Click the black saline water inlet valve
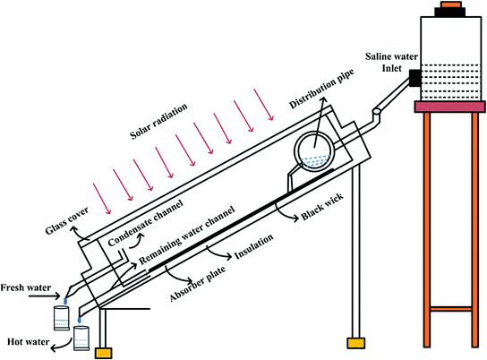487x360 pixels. [414, 79]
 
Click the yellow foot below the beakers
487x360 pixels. [104, 353]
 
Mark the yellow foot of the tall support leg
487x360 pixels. [355, 342]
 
